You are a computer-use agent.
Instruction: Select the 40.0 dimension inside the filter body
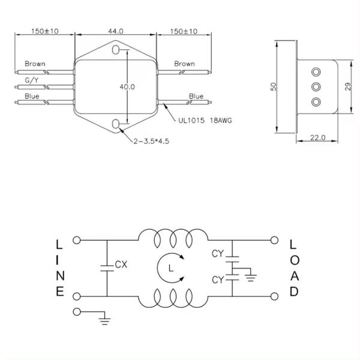(x=127, y=86)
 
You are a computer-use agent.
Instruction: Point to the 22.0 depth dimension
(x=317, y=137)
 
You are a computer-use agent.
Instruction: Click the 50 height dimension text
(x=274, y=86)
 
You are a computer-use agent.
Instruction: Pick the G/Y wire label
(x=32, y=79)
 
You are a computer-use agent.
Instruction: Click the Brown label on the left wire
(x=34, y=63)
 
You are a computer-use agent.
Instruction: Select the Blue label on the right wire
(x=196, y=96)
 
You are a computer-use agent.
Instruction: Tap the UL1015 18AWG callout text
(x=205, y=119)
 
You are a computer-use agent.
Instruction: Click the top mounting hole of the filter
(x=116, y=48)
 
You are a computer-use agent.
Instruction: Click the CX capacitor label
(x=120, y=264)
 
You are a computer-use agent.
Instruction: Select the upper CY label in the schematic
(x=217, y=254)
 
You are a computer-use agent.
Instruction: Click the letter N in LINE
(x=59, y=276)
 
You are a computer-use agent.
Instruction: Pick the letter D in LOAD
(x=293, y=292)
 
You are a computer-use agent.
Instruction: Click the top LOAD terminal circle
(x=274, y=241)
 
